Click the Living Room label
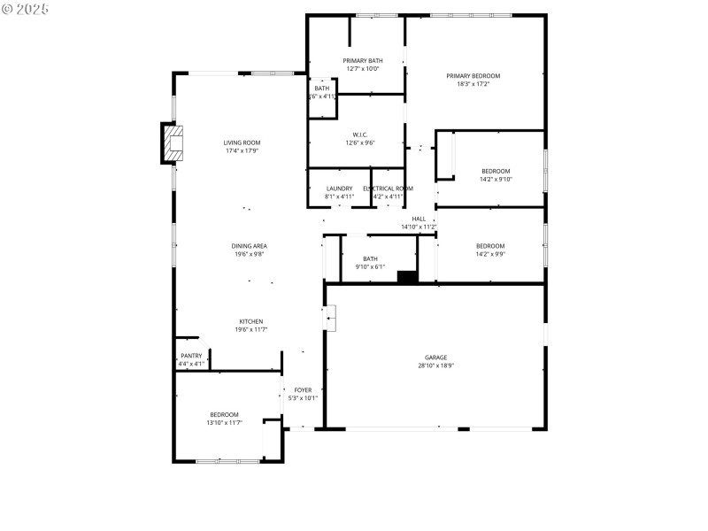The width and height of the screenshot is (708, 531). (x=242, y=142)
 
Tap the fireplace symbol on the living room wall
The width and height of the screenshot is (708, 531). (x=173, y=143)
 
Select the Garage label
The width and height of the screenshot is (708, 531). (x=435, y=358)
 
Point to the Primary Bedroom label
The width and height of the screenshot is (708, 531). (x=473, y=76)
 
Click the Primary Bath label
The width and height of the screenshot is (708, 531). (x=362, y=60)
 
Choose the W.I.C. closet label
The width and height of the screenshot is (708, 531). (x=359, y=135)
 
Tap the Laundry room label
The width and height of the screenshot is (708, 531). (x=339, y=189)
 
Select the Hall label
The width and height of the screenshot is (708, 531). (x=419, y=219)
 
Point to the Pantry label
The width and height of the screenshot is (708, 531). (x=192, y=356)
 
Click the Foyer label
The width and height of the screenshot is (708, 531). (x=303, y=390)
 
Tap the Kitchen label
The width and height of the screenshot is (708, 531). (x=250, y=321)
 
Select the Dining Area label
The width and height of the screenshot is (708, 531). (x=250, y=246)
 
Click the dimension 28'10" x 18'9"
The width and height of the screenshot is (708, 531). (x=435, y=366)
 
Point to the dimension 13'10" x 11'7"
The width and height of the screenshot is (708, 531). (x=224, y=423)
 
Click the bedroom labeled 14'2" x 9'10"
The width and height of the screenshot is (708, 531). (x=496, y=174)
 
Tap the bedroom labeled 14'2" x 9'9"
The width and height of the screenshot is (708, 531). (x=490, y=250)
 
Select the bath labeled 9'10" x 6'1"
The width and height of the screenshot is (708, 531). (x=370, y=263)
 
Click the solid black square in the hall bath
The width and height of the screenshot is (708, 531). (x=407, y=277)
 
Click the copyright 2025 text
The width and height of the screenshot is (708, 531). (x=26, y=8)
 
